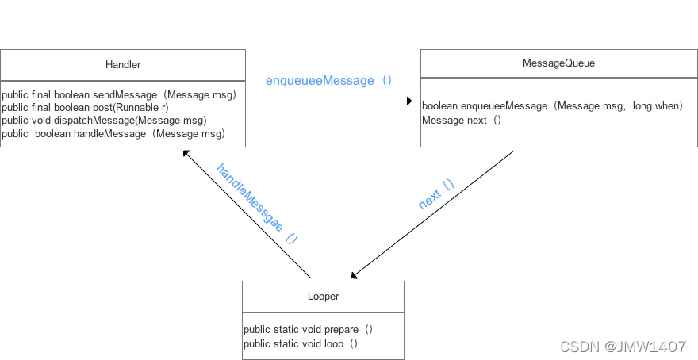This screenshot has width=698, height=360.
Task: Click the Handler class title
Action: (123, 64)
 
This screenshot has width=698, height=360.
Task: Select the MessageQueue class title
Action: (558, 63)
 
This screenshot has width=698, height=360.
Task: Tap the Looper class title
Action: (323, 296)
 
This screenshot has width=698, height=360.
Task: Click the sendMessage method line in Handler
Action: (119, 95)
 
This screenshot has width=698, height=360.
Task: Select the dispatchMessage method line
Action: (104, 121)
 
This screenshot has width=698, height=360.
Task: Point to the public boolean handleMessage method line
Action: (113, 134)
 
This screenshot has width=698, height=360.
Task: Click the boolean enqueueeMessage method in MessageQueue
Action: (552, 106)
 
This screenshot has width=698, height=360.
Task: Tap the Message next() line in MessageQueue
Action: (462, 120)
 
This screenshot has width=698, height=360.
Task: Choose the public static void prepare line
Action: (308, 330)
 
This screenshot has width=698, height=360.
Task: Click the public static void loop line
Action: (301, 343)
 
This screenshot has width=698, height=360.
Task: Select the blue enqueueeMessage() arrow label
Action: (328, 81)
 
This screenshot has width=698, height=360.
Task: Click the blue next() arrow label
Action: (436, 194)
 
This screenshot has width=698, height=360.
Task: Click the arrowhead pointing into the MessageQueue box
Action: (409, 101)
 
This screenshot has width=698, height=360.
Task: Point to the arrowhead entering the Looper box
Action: (355, 275)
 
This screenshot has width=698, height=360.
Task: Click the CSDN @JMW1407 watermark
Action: (623, 347)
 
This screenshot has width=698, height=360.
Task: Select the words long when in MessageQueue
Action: (658, 106)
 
